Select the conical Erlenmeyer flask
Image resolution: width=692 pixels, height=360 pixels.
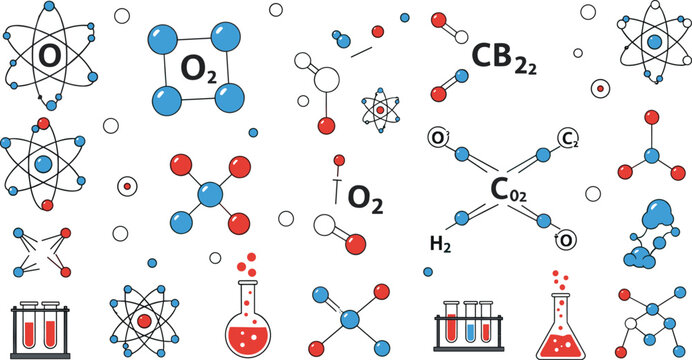click(x=559, y=324)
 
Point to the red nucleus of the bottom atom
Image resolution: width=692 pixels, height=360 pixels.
click(x=144, y=320)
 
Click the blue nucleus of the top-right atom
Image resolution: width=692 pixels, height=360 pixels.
click(x=653, y=42)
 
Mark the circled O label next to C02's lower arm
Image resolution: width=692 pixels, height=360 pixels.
click(x=566, y=238)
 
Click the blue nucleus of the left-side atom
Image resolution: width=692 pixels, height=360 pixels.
click(x=42, y=162)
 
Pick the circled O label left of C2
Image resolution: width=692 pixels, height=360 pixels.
click(x=437, y=138)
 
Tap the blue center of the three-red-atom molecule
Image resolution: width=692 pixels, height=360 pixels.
click(x=652, y=155)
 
